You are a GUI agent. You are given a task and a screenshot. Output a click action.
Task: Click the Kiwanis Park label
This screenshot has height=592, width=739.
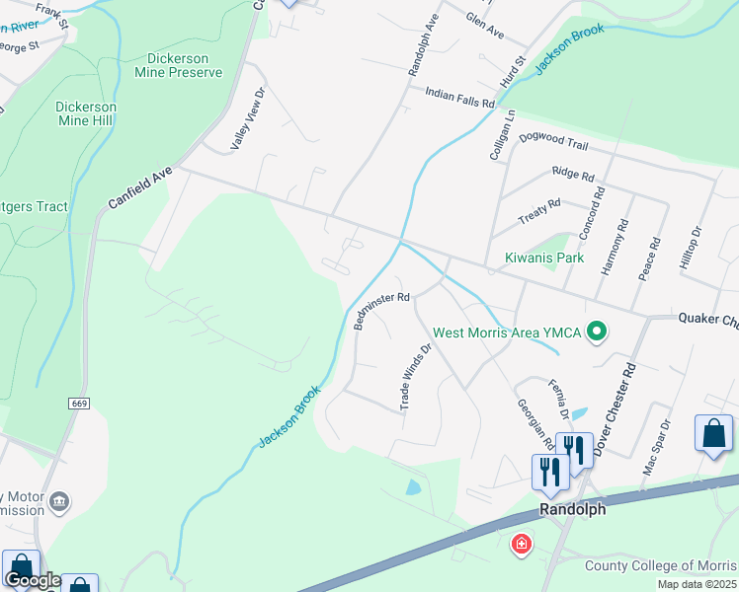[x=544, y=259]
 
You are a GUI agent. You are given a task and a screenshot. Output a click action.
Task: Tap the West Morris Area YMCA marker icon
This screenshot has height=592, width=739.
[x=596, y=332]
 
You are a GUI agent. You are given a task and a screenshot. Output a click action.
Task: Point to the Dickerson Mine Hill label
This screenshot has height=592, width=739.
[x=86, y=113]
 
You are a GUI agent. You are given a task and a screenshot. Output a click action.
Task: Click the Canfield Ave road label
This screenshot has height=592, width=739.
[x=140, y=187]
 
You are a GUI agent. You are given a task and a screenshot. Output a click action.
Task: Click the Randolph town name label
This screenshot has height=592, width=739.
[x=572, y=509]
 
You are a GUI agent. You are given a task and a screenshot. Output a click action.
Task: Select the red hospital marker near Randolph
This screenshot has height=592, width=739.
[x=521, y=544]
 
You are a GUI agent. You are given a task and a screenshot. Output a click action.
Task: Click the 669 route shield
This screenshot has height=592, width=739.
[x=80, y=404]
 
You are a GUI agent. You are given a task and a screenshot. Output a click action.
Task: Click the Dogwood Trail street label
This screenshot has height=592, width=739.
[x=553, y=144]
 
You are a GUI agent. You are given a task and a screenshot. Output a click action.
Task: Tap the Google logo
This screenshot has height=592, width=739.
[x=33, y=580]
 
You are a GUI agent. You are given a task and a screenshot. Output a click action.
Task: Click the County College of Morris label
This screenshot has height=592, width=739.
[x=661, y=565]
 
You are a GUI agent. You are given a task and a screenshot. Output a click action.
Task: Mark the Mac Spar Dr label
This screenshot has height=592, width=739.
[x=656, y=448]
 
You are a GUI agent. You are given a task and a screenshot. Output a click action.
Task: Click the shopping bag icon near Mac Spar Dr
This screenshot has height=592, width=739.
[x=713, y=434]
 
